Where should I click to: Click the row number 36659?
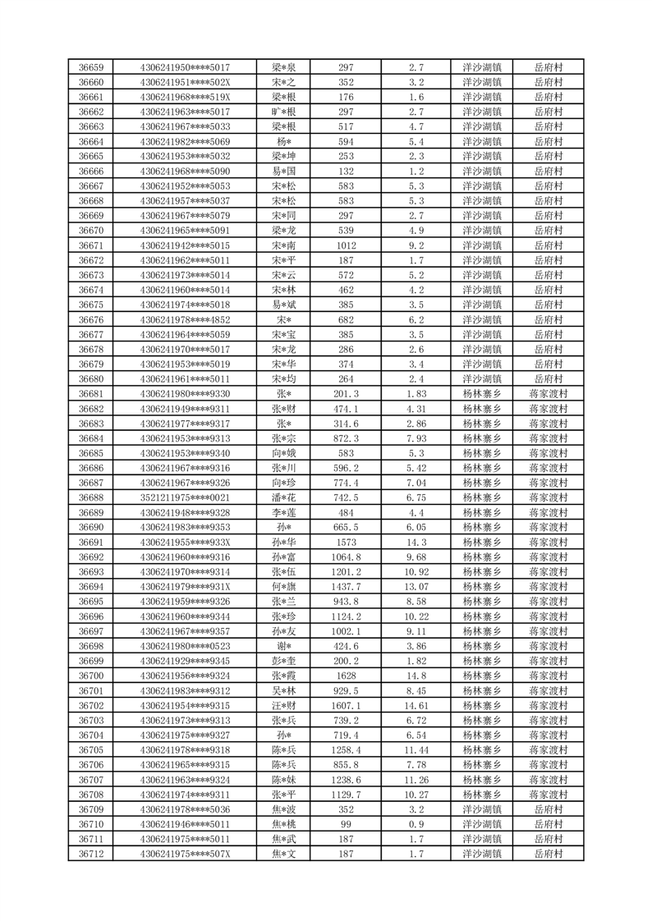point(90,67)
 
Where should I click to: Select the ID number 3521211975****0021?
point(186,497)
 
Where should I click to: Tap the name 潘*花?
point(284,497)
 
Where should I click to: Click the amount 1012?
point(346,245)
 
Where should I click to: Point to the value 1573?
point(346,543)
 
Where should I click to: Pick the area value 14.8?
point(416,676)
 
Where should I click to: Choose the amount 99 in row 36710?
point(346,824)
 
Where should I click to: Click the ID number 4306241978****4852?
point(186,319)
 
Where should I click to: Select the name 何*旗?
point(284,587)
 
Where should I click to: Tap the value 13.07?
point(416,587)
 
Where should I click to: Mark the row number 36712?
point(90,854)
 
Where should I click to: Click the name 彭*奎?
point(284,661)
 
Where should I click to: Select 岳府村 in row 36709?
point(549,809)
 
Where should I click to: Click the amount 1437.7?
point(346,587)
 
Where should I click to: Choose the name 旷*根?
point(284,112)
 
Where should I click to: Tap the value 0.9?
point(416,824)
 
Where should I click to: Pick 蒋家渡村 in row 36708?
point(549,795)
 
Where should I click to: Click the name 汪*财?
point(284,706)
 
